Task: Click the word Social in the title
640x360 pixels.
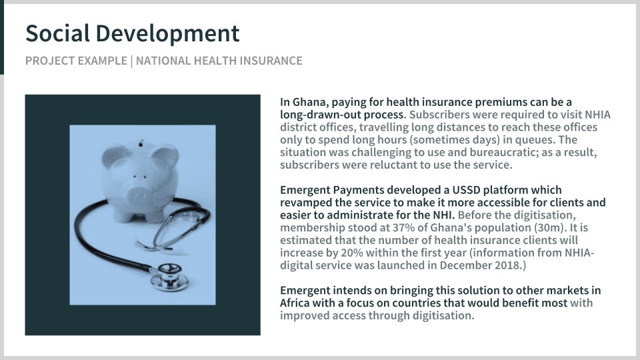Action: pyautogui.click(x=57, y=33)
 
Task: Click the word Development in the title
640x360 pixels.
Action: pyautogui.click(x=167, y=34)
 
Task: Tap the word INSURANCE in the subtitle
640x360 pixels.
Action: pyautogui.click(x=271, y=61)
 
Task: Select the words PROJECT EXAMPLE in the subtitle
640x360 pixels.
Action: pyautogui.click(x=76, y=61)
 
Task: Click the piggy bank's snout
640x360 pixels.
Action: pyautogui.click(x=139, y=194)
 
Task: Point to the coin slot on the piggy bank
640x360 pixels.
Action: pyautogui.click(x=141, y=143)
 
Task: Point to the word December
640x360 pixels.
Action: pyautogui.click(x=465, y=265)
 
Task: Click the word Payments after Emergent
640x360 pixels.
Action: pyautogui.click(x=359, y=190)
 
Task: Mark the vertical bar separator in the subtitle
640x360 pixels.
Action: pyautogui.click(x=131, y=61)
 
